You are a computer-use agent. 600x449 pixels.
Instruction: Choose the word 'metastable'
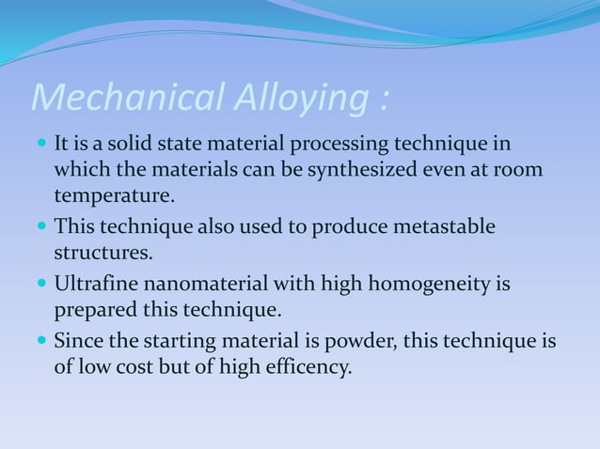[448, 228]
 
